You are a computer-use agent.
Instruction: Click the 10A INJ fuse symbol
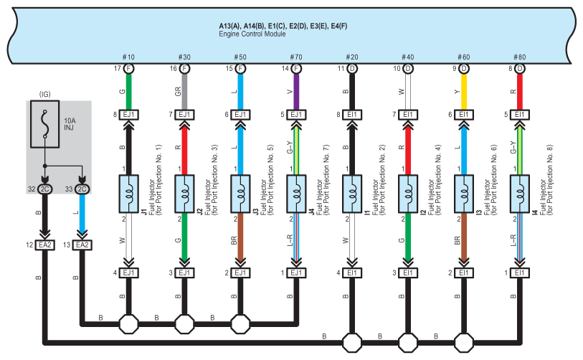point(44,124)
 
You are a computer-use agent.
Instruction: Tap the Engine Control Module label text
point(252,34)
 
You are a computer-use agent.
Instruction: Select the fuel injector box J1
point(128,194)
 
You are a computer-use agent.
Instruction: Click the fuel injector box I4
point(520,194)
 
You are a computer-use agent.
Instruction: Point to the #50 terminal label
point(240,57)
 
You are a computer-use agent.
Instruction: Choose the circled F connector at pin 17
point(128,68)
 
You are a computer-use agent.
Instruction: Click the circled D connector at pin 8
point(520,68)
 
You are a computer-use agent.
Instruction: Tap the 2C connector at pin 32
point(44,189)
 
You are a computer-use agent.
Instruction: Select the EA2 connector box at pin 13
point(82,245)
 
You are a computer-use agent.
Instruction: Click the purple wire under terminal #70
point(296,92)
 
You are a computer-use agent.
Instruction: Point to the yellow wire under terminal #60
point(464,92)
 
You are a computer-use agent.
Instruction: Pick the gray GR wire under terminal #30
point(184,92)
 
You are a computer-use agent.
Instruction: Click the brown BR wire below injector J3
point(240,236)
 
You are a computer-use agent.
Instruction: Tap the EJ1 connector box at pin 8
point(128,115)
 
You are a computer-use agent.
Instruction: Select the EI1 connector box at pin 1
point(520,273)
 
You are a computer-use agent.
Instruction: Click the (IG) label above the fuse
point(44,94)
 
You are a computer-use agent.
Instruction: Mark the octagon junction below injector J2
point(184,324)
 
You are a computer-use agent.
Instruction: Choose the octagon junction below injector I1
point(351,343)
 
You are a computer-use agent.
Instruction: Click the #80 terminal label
point(519,57)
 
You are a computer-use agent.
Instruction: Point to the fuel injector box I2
point(408,194)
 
